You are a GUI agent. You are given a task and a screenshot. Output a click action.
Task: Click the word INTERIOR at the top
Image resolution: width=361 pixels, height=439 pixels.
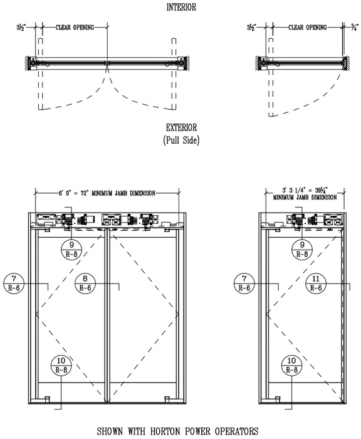(181, 8)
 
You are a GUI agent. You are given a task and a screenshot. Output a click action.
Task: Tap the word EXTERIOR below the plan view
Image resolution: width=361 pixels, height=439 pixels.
(181, 128)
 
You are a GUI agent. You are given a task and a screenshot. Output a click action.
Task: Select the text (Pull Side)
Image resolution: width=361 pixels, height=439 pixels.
(181, 140)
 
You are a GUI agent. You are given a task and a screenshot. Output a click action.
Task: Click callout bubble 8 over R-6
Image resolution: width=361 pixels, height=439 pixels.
(85, 283)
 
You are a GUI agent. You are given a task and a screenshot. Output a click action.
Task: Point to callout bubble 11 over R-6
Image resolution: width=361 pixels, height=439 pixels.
(316, 283)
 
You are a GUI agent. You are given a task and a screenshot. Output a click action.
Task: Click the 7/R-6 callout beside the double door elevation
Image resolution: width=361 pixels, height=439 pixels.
(14, 283)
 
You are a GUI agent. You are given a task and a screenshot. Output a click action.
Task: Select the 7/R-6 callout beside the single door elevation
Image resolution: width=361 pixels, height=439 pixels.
(244, 283)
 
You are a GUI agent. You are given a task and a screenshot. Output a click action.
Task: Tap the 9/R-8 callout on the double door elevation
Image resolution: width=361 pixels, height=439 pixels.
(71, 250)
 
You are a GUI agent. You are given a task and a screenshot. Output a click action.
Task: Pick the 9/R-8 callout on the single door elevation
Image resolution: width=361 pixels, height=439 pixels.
(302, 250)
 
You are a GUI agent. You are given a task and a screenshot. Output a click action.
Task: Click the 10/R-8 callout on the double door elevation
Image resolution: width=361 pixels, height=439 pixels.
(61, 365)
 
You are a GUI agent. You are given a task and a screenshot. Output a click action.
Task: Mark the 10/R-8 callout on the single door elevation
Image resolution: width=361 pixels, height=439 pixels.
(291, 365)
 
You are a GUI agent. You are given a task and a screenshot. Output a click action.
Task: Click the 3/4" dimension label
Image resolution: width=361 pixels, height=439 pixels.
(355, 28)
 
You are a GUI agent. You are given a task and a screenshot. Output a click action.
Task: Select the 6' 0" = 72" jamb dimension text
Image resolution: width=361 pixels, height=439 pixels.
(107, 193)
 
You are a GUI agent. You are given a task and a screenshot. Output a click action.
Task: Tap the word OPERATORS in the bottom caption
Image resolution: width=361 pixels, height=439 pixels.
(236, 431)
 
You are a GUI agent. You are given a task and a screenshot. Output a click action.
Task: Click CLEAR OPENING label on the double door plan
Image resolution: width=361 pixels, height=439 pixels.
(75, 28)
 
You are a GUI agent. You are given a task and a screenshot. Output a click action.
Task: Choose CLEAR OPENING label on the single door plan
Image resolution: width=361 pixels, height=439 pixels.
(308, 28)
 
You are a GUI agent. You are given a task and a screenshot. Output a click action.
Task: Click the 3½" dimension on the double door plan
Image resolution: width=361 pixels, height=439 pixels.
(21, 28)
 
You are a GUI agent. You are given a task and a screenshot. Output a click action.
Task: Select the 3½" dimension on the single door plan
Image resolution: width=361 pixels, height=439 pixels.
(251, 28)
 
